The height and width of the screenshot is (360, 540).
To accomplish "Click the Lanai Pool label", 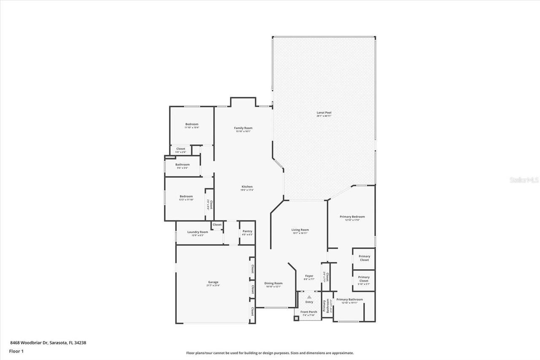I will [324, 113].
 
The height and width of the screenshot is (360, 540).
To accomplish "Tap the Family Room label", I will [243, 128].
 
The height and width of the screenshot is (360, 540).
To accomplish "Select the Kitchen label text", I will [247, 187].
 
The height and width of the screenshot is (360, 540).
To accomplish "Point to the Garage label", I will [213, 282].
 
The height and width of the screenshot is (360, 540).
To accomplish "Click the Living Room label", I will [300, 230].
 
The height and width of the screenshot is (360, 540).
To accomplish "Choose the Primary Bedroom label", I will [352, 217].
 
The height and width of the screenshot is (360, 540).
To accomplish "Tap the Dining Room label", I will [273, 283].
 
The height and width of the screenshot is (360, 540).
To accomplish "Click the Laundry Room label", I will [198, 232].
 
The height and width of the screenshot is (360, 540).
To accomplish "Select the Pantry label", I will [247, 231].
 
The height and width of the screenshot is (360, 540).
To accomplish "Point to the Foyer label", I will [309, 276].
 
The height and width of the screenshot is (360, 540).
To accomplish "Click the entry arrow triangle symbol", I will [309, 297].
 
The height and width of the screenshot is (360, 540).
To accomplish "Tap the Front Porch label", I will [309, 312].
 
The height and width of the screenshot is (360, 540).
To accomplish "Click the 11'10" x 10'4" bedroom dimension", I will [192, 127].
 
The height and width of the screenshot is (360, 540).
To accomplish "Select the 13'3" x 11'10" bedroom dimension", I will [186, 200].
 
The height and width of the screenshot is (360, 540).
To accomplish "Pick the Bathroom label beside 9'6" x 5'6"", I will [183, 164].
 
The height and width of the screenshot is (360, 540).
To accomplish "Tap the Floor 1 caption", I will [16, 351].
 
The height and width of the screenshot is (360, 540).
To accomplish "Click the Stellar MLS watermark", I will [524, 180].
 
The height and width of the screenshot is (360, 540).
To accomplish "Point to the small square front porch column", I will [296, 318].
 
